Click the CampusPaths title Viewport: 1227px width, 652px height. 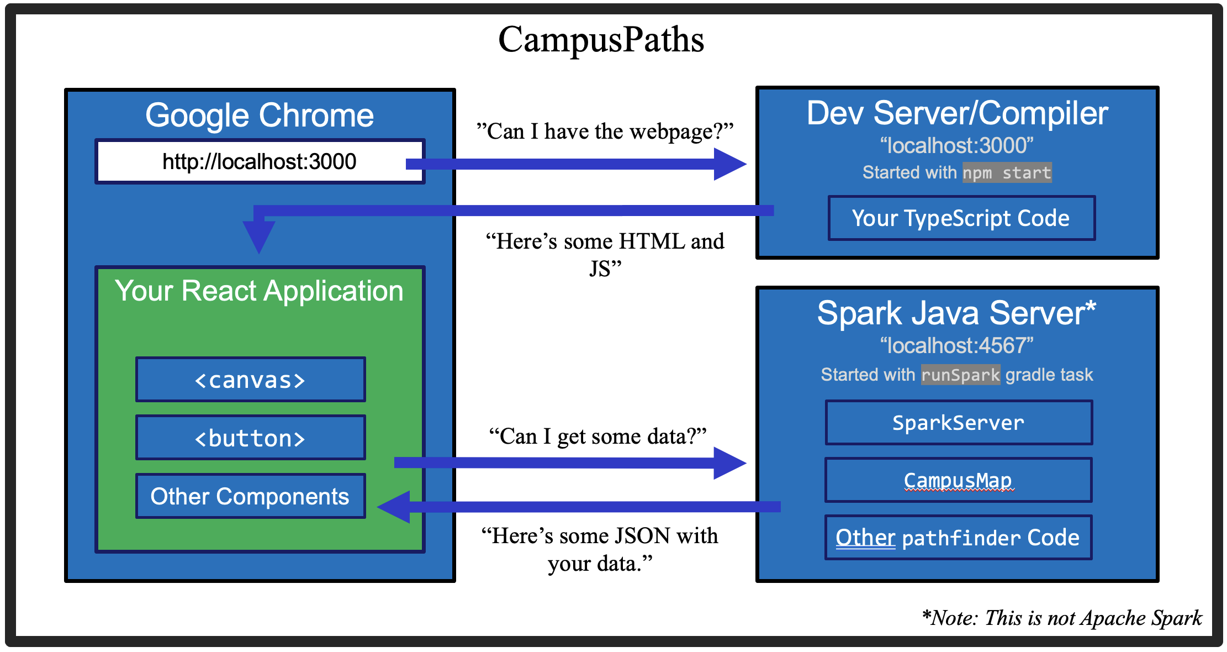click(x=601, y=40)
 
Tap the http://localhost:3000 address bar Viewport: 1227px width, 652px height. click(x=259, y=161)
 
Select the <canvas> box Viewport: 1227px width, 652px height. click(x=250, y=380)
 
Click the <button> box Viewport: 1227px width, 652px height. click(x=250, y=438)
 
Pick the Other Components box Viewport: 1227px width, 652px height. click(x=250, y=496)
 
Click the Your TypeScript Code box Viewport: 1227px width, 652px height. click(x=961, y=218)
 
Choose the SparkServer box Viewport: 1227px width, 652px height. click(x=958, y=423)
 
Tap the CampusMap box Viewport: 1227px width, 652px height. click(x=958, y=480)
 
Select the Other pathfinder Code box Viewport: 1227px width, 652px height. click(x=958, y=538)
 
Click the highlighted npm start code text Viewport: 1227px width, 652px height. click(x=1007, y=172)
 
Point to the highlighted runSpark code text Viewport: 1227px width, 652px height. click(x=960, y=375)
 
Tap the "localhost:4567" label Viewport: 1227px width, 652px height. click(x=956, y=345)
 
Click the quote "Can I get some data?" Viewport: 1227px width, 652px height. click(x=598, y=436)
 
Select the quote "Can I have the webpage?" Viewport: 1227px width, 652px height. click(x=605, y=131)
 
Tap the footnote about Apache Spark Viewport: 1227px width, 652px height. click(x=1062, y=618)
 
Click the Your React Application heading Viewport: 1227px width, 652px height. click(x=259, y=291)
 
